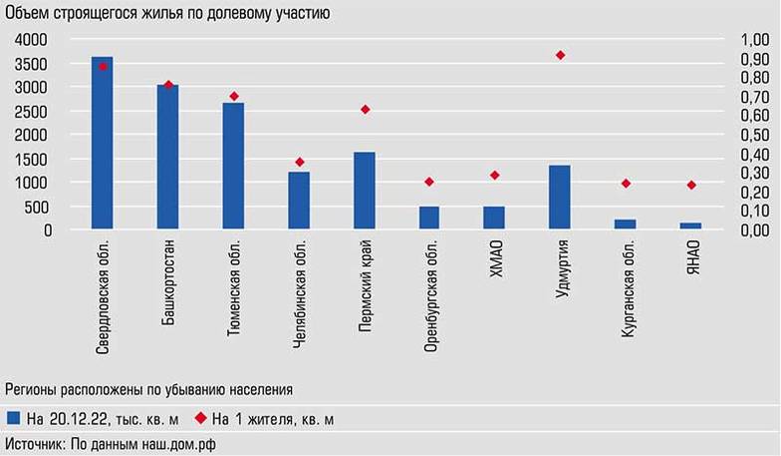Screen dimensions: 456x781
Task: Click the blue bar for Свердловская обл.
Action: click(103, 144)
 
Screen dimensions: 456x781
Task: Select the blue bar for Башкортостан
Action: click(167, 158)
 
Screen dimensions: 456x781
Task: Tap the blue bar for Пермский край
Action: click(365, 192)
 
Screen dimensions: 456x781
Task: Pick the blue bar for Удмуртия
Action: click(560, 198)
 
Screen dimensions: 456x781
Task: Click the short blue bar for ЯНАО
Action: click(691, 227)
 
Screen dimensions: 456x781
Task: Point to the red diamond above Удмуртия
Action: click(560, 55)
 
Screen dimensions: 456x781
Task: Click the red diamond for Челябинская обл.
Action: click(299, 162)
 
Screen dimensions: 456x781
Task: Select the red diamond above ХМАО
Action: click(495, 176)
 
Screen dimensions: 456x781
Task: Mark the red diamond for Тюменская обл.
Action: click(234, 96)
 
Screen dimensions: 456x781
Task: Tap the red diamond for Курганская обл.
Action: click(626, 184)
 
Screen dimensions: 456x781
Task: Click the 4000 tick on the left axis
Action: click(31, 40)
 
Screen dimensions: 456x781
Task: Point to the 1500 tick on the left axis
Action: click(31, 160)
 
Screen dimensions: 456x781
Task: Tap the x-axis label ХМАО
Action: click(495, 259)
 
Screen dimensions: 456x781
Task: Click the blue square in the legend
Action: click(13, 419)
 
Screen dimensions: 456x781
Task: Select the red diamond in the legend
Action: click(199, 419)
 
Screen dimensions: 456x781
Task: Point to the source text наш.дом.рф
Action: click(177, 444)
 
